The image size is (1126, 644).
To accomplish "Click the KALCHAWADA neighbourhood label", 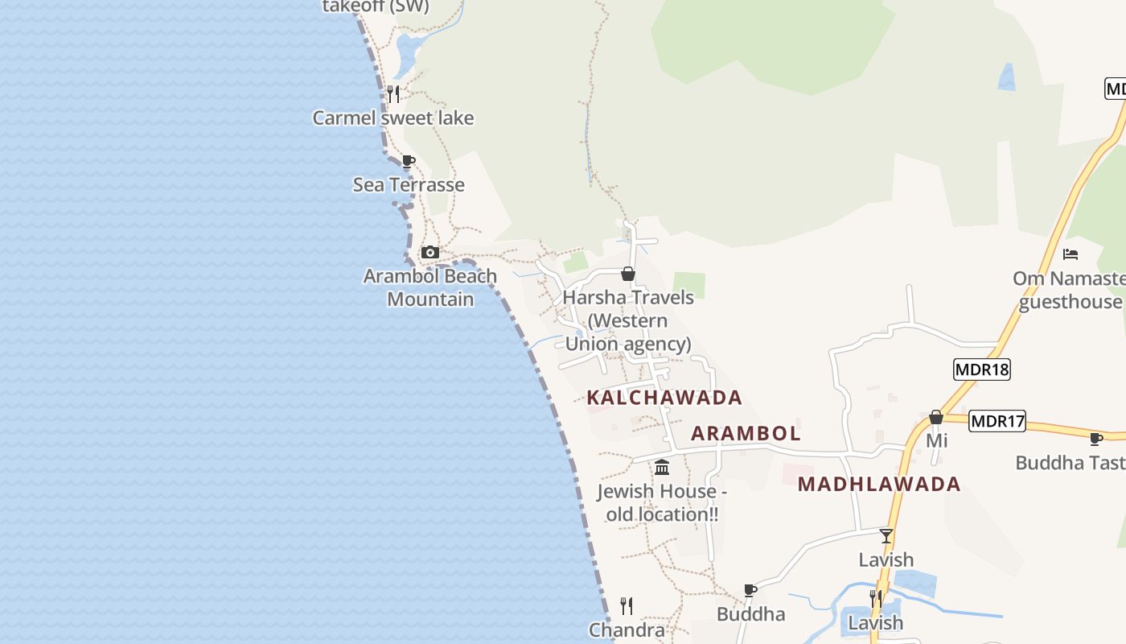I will (x=664, y=398).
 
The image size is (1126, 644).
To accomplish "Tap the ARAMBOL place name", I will (x=746, y=433).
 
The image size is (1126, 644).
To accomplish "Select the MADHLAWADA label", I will (x=879, y=484).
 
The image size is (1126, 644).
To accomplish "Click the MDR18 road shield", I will (x=981, y=369).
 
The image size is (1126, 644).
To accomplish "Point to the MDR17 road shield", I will (x=997, y=421).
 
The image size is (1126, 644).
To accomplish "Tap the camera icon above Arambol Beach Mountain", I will (x=430, y=253).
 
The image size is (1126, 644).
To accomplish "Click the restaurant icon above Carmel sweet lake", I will (x=393, y=94).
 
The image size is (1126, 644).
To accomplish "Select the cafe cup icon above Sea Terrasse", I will (x=409, y=161).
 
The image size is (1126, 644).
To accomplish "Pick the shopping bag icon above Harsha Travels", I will (x=628, y=275).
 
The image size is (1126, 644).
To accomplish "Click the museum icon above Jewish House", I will (x=662, y=467).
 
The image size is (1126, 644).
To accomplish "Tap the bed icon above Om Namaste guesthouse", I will (x=1071, y=254).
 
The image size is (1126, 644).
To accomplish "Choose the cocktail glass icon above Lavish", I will (x=886, y=536).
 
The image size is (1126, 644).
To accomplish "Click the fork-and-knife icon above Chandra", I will (x=627, y=605).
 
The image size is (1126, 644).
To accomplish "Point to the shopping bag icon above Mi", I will (x=936, y=418).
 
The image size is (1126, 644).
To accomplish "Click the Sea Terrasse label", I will (x=409, y=185).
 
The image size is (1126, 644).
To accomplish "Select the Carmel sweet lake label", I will (x=393, y=118).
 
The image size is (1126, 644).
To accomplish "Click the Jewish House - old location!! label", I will (x=662, y=502).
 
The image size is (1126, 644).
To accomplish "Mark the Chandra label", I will (x=627, y=630).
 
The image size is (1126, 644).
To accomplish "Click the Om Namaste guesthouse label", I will (x=1070, y=290).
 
